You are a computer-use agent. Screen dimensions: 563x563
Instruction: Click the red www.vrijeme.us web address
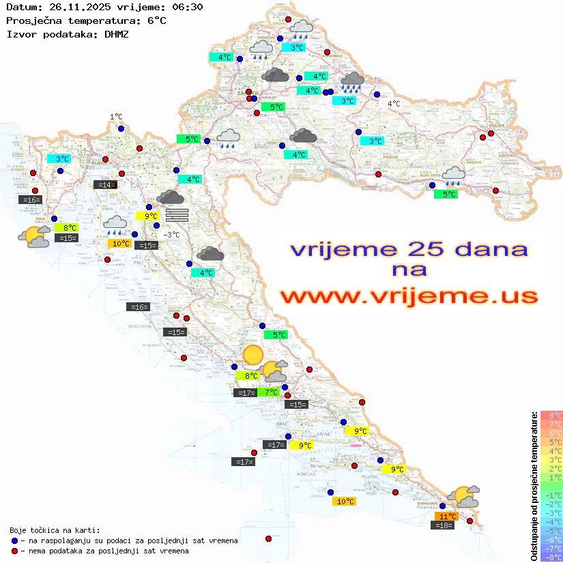(x=409, y=295)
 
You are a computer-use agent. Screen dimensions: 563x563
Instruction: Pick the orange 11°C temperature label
(x=448, y=517)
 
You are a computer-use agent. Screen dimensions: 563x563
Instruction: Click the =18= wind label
(x=444, y=525)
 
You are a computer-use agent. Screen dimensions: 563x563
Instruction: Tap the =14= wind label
(x=105, y=184)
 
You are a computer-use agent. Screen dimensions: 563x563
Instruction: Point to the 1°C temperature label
(x=116, y=117)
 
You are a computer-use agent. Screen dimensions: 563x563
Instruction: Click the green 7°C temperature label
(x=271, y=392)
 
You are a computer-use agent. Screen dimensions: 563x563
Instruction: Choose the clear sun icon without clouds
(x=253, y=355)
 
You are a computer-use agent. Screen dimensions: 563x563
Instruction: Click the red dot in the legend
(x=14, y=551)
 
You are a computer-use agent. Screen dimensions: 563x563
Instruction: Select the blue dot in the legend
(x=14, y=540)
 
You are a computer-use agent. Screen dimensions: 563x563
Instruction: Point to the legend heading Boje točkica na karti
(x=55, y=530)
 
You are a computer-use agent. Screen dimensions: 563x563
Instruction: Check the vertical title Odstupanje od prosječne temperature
(x=534, y=486)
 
